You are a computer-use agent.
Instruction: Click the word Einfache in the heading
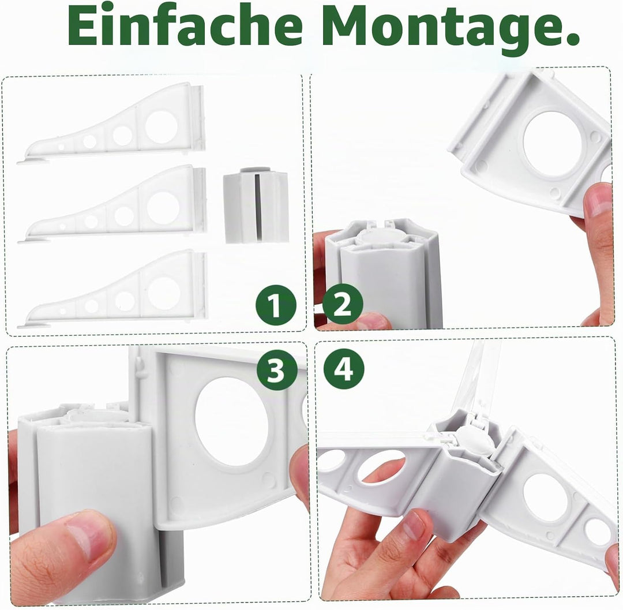coord(185,26)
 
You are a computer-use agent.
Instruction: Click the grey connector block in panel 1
coord(256,207)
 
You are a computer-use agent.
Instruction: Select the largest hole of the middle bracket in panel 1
coord(163,207)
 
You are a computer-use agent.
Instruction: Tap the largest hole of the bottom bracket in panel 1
coord(164,292)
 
